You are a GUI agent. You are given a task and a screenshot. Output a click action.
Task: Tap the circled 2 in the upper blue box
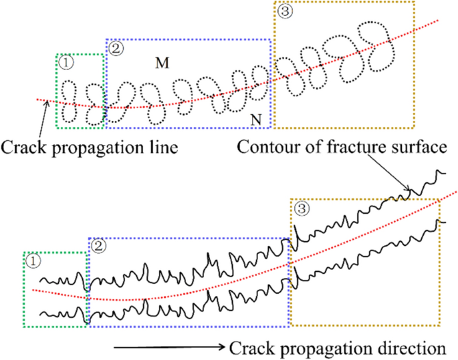click(115, 48)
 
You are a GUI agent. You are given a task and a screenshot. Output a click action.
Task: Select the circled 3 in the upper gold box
click(284, 11)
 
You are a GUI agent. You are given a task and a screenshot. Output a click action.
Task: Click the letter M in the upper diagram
click(161, 63)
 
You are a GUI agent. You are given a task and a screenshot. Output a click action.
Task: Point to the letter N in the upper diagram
click(256, 120)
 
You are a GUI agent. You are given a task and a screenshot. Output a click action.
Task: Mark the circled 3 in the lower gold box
click(302, 209)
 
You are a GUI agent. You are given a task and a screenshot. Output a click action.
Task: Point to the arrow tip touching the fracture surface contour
click(409, 194)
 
